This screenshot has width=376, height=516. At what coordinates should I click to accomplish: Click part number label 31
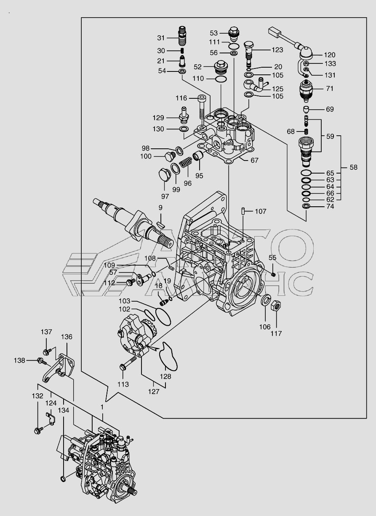[161, 38]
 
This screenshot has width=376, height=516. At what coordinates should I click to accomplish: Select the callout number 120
[329, 55]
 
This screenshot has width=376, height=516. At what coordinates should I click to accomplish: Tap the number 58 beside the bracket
[353, 167]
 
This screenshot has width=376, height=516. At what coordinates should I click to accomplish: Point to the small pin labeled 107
[243, 211]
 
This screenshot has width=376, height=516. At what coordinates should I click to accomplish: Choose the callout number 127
[154, 391]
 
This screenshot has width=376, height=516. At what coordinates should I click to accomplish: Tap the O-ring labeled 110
[221, 79]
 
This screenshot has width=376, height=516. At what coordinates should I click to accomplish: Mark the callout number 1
[102, 407]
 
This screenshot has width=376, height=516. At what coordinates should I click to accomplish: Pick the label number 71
[330, 89]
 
